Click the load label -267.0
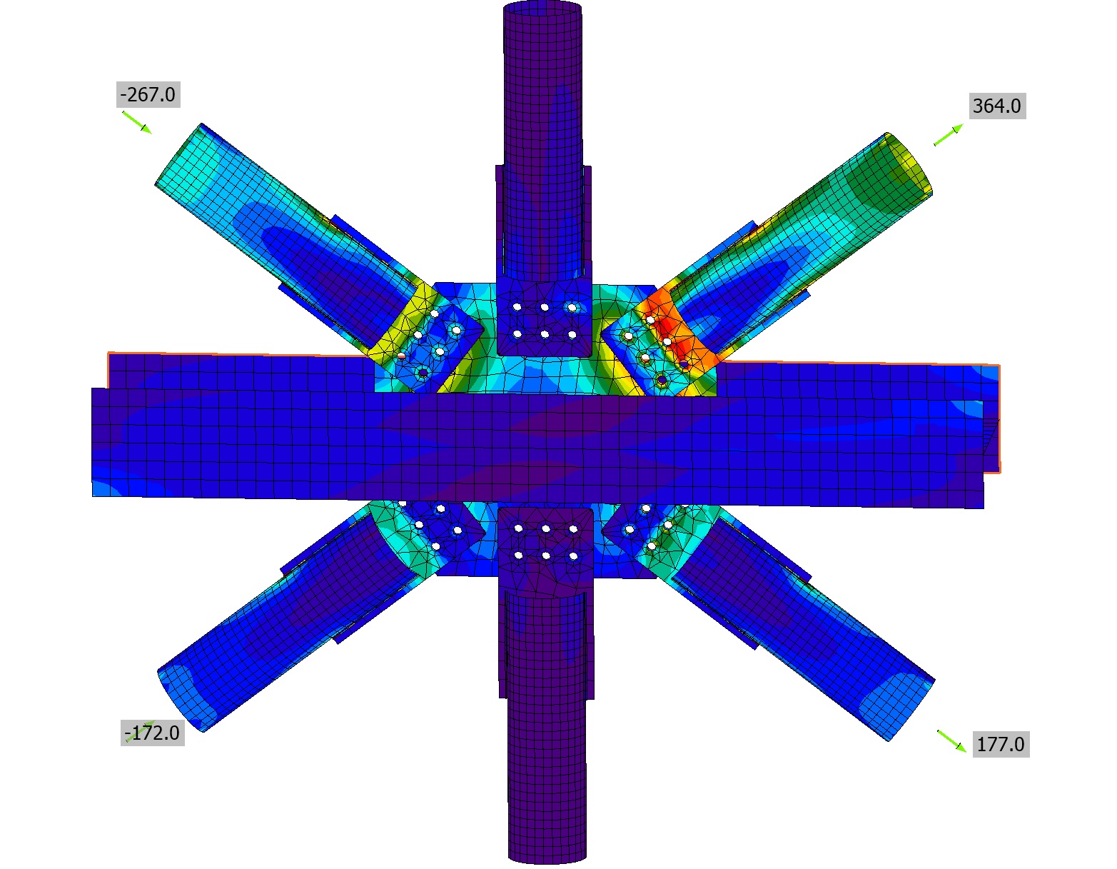pos(148,95)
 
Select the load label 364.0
pos(997,106)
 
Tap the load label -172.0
pos(152,733)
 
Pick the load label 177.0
pos(1001,744)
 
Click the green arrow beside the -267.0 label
pos(137,122)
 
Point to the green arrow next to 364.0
pos(949,135)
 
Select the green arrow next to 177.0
pos(951,741)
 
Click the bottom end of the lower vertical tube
pos(547,857)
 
